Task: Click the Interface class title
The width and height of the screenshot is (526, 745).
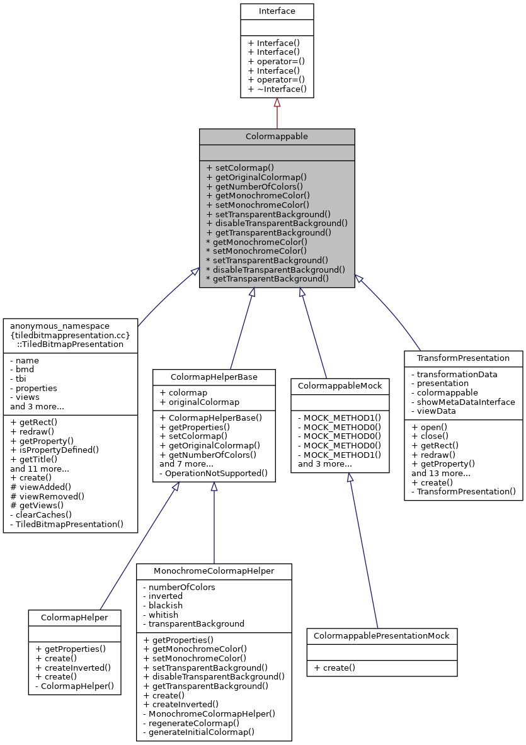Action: click(277, 11)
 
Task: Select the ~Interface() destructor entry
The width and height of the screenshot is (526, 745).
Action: click(277, 89)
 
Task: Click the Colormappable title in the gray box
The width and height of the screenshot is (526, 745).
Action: click(277, 136)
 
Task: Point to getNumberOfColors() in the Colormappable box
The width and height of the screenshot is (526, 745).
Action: click(254, 186)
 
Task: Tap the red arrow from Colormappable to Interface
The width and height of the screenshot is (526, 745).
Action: click(277, 113)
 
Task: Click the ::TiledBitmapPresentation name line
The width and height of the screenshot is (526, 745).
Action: click(70, 344)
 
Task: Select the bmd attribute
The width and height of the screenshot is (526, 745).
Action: click(25, 370)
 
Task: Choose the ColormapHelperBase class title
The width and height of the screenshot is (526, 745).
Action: click(214, 377)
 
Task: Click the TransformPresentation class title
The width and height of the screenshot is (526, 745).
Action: click(463, 358)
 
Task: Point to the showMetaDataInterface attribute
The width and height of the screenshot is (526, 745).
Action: click(463, 402)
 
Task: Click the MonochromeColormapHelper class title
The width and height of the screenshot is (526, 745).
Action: click(214, 571)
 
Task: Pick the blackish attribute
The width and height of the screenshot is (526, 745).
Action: click(162, 605)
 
